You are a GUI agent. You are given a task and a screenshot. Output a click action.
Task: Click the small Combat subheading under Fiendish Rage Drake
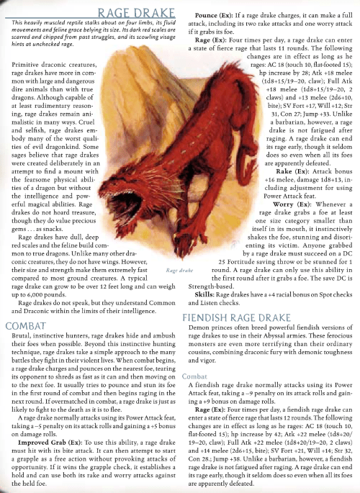click(x=195, y=375)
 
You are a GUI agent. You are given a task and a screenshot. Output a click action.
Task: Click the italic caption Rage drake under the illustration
click(x=178, y=270)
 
